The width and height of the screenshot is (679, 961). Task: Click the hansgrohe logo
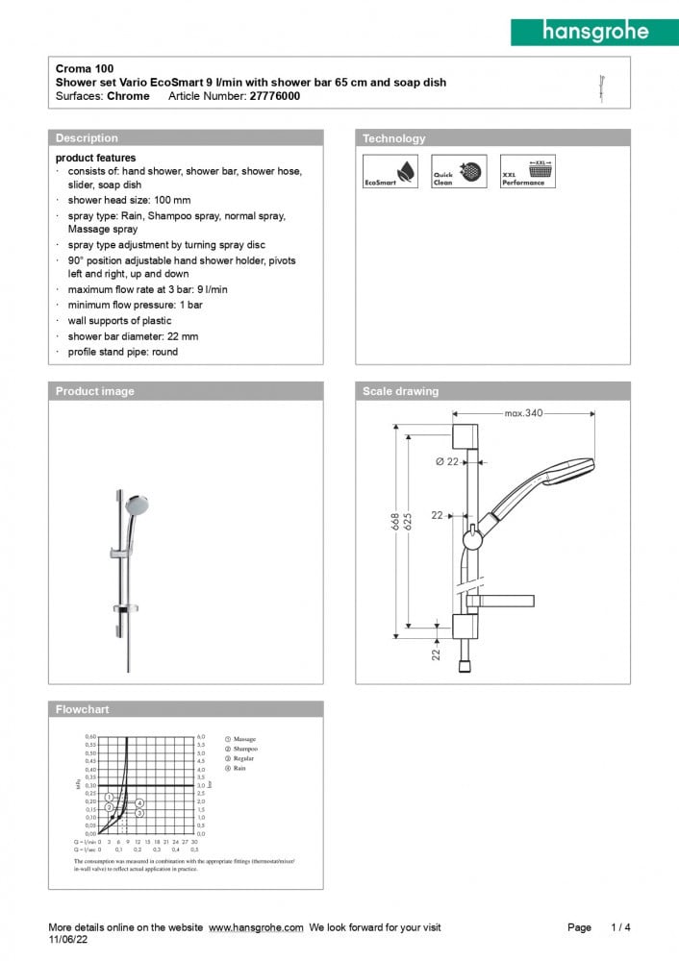pos(593,31)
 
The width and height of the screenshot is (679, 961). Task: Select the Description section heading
pos(87,138)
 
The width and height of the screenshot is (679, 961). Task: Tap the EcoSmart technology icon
pos(390,172)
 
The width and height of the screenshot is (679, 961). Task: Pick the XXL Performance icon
pos(527,172)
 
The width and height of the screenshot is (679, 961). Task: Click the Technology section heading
pos(393,138)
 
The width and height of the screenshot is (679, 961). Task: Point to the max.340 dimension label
pos(523,413)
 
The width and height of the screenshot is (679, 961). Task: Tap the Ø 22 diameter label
pos(445,462)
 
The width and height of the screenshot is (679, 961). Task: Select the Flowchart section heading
pos(83,709)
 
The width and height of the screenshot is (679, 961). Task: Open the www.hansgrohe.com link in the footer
pos(256,927)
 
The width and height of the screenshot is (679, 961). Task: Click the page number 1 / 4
pos(620,927)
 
